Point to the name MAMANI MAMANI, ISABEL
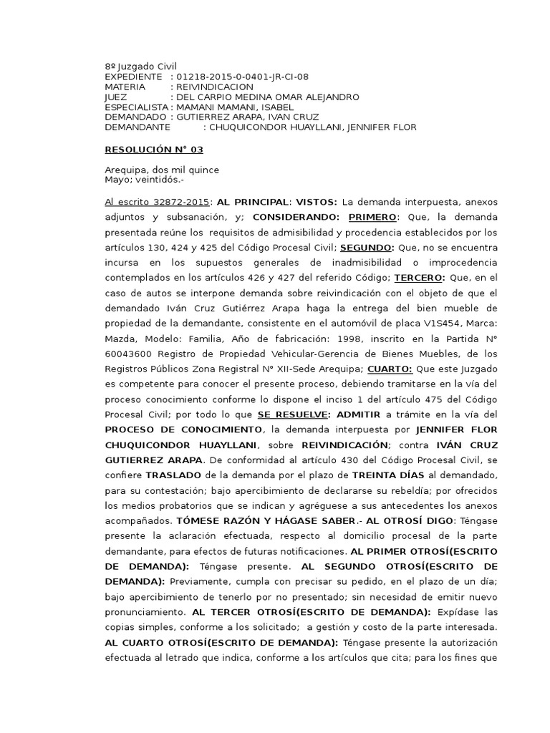tap(233, 107)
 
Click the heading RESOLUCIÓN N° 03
tap(154, 149)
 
